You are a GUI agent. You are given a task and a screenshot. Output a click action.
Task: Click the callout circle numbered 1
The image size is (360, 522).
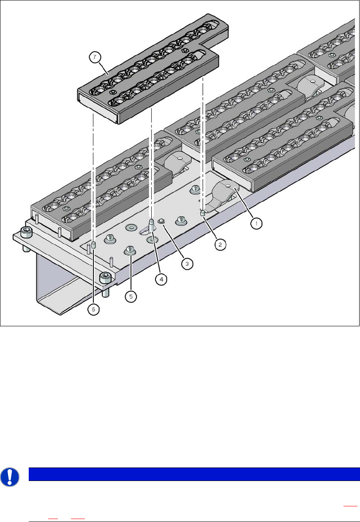click(x=256, y=223)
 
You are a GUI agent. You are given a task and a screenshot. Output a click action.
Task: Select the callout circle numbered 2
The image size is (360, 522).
click(x=220, y=244)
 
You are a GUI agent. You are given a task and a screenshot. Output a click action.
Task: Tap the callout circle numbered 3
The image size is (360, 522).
click(x=187, y=264)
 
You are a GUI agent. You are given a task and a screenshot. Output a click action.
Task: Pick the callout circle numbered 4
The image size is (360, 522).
click(x=161, y=279)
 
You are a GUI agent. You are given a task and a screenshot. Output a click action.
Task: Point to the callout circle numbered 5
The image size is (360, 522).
click(x=131, y=296)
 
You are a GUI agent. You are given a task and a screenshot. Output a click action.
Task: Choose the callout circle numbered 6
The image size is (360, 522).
click(x=93, y=309)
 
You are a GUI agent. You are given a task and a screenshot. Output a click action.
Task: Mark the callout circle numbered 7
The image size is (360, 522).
click(x=95, y=57)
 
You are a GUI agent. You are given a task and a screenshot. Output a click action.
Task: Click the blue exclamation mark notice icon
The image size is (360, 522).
click(x=10, y=477)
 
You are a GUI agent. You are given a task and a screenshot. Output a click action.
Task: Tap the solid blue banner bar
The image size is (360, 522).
click(x=194, y=474)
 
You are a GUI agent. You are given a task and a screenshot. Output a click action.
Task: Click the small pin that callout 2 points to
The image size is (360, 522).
click(x=202, y=213)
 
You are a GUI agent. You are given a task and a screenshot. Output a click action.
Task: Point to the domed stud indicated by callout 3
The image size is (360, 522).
click(x=161, y=221)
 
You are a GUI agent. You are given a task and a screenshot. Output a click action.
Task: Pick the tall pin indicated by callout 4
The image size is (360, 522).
click(x=152, y=224)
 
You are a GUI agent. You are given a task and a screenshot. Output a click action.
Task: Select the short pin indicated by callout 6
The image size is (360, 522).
click(x=94, y=245)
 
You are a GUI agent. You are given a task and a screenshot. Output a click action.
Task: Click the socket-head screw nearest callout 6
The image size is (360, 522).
click(x=105, y=278)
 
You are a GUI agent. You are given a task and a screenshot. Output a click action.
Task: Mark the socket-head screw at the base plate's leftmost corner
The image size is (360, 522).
click(x=26, y=232)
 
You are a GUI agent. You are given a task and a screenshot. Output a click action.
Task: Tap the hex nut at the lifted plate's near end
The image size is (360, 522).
click(x=113, y=92)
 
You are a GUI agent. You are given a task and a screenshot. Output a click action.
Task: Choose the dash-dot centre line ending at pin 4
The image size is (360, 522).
click(x=152, y=163)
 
